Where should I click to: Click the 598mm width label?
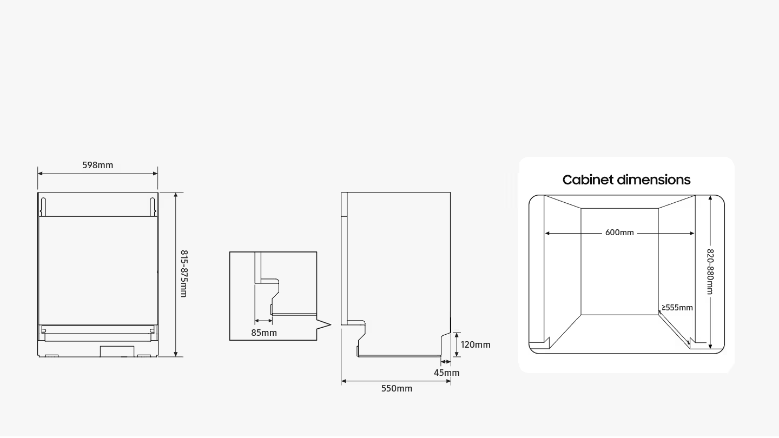click(x=98, y=165)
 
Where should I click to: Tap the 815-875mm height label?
click(x=184, y=274)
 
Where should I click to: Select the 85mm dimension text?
click(x=264, y=333)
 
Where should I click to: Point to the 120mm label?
click(x=476, y=344)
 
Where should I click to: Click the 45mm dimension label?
click(x=446, y=373)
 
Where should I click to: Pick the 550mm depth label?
click(x=397, y=388)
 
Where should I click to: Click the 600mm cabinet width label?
click(x=619, y=233)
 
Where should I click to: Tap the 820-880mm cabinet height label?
click(x=710, y=272)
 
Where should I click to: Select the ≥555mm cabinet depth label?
click(x=677, y=308)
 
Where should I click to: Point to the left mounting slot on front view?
click(x=43, y=207)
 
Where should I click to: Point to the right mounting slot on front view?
click(x=153, y=207)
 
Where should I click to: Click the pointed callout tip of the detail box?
click(x=331, y=326)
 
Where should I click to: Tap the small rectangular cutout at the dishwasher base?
click(x=117, y=351)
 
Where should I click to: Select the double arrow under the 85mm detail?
click(x=263, y=321)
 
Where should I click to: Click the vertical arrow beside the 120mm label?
click(x=457, y=344)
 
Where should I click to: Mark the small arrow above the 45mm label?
click(x=446, y=362)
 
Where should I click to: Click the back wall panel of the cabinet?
click(x=620, y=261)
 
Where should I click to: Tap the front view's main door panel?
click(x=98, y=270)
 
